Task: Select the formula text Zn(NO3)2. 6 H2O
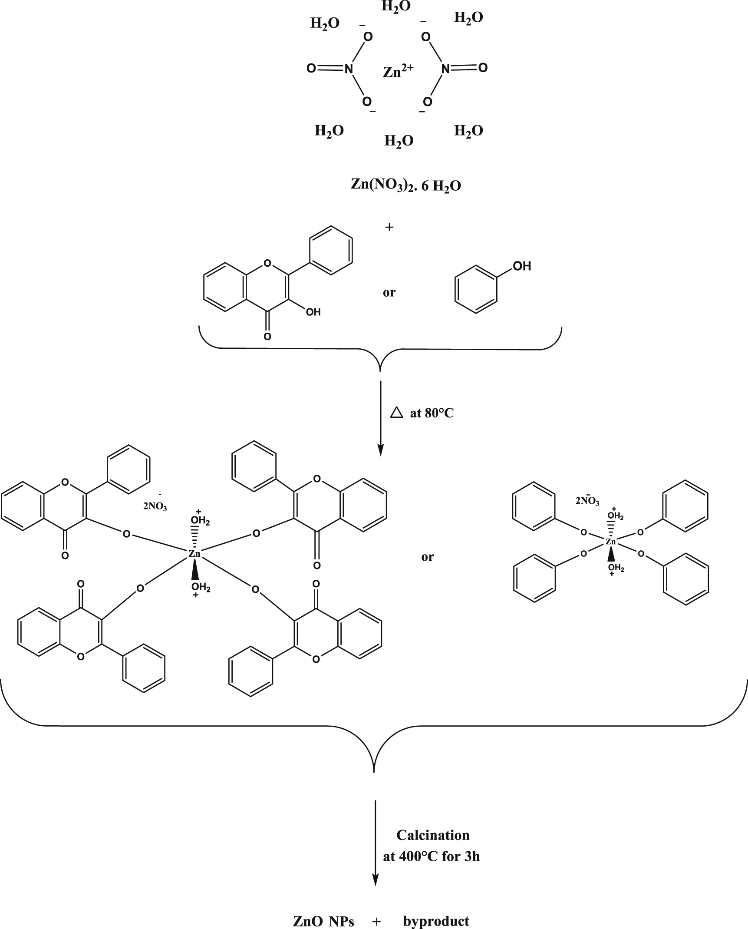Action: point(405,185)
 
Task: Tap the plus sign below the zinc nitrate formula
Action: point(389,227)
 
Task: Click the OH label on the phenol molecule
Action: point(522,266)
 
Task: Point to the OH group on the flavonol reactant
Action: point(313,312)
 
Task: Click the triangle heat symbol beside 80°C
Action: point(397,412)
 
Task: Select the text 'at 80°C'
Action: point(432,413)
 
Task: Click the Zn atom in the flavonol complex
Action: point(194,553)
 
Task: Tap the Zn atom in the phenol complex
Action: point(611,542)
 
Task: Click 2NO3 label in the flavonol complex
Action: point(155,506)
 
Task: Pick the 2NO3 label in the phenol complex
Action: point(587,501)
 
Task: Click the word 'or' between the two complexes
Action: point(427,557)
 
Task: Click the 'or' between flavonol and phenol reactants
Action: point(389,292)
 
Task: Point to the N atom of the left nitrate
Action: point(348,69)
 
